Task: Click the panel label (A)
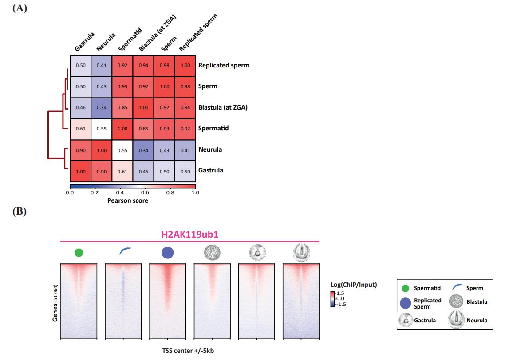(x=20, y=8)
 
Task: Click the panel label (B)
(x=20, y=212)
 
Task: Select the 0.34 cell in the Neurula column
(x=101, y=107)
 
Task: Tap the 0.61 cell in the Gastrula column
(x=80, y=128)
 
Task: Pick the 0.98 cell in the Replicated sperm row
(x=164, y=65)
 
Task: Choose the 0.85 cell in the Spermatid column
(x=122, y=107)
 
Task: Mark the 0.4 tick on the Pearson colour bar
(x=120, y=193)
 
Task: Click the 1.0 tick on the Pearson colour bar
(x=195, y=193)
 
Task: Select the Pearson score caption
(x=128, y=200)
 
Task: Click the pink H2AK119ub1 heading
(x=189, y=235)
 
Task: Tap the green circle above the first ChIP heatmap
(x=79, y=253)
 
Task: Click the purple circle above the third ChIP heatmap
(x=167, y=253)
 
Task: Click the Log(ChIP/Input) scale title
(x=353, y=285)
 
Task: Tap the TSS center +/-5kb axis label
(x=189, y=350)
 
